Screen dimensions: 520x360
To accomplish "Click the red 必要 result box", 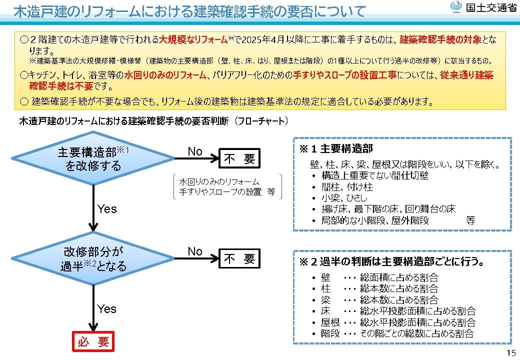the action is pos(93,341).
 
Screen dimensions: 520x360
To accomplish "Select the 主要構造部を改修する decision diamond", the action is pos(93,158).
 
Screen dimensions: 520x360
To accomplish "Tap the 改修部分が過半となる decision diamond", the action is pos(93,258).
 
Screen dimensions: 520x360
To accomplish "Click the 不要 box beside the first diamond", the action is pos(239,158).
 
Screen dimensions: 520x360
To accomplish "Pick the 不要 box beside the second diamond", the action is pos(239,258).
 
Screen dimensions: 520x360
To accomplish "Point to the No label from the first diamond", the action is pos(195,151).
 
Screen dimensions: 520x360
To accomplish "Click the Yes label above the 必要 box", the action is pos(107,309).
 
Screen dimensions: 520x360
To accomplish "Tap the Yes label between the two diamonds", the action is pos(107,209).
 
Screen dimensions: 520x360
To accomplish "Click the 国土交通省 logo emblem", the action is pos(456,7).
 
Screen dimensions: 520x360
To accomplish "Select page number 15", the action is pos(511,352).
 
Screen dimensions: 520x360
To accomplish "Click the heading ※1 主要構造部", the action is pos(336,149).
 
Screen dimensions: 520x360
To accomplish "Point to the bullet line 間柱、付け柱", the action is pos(347,187).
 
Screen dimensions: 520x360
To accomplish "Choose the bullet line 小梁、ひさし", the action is pos(344,198).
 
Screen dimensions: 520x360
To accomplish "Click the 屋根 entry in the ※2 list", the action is pos(330,322).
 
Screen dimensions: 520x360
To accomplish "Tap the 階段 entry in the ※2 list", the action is pos(330,333).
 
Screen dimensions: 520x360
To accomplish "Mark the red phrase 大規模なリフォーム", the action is pos(193,40).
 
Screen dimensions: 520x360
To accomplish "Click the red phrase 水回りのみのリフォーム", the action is pos(165,75).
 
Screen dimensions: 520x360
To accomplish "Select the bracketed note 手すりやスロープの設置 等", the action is pos(227,192).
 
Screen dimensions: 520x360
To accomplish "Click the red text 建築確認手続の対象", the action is pos(440,40).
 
